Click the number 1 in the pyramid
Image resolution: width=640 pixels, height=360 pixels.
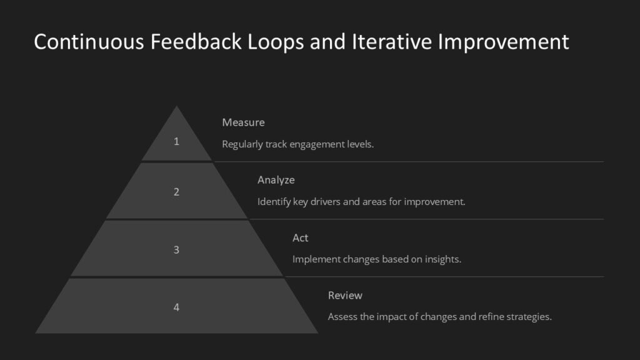[x=176, y=141]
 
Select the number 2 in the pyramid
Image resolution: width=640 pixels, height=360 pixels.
[x=176, y=192]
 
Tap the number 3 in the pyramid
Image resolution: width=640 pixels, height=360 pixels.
[x=176, y=250]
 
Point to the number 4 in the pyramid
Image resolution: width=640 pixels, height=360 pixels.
[x=176, y=307]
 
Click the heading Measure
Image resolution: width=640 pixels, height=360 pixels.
[x=243, y=122]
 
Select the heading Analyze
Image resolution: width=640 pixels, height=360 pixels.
[x=276, y=180]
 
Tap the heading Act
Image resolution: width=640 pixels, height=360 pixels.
[x=300, y=238]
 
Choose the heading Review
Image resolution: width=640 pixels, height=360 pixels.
[x=345, y=296]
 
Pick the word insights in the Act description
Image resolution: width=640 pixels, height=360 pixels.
[x=443, y=259]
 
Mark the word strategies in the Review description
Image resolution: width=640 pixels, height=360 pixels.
[x=528, y=317]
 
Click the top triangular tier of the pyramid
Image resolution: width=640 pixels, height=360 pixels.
[x=176, y=139]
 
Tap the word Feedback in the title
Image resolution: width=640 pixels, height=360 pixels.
[x=187, y=42]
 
